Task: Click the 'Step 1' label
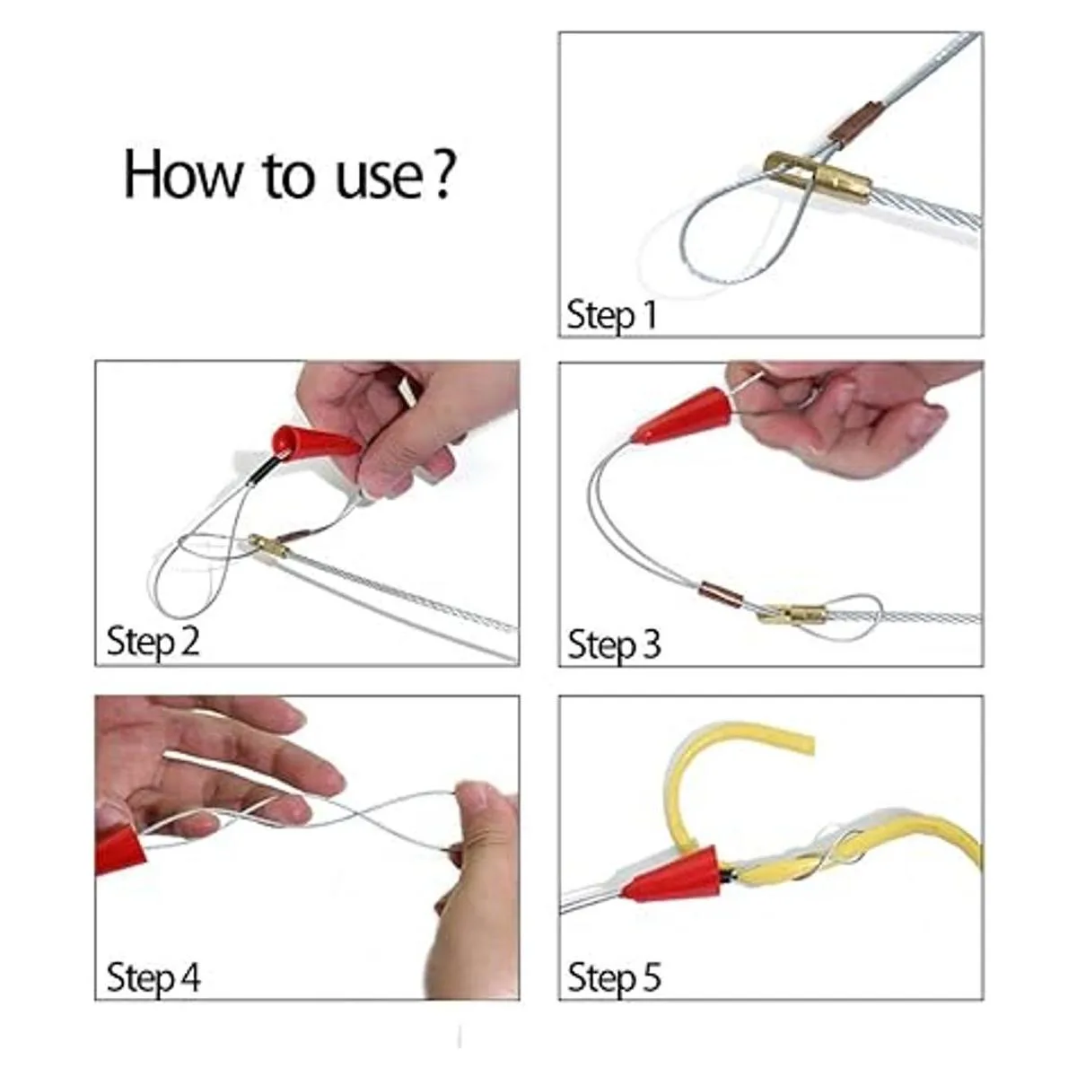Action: (x=611, y=315)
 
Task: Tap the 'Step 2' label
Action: (x=153, y=641)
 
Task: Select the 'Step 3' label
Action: (x=614, y=644)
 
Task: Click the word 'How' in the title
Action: (x=182, y=174)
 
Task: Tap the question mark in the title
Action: (x=442, y=174)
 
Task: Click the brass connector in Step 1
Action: (x=818, y=177)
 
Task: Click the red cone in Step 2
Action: (x=315, y=442)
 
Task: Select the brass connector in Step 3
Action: (x=792, y=614)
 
